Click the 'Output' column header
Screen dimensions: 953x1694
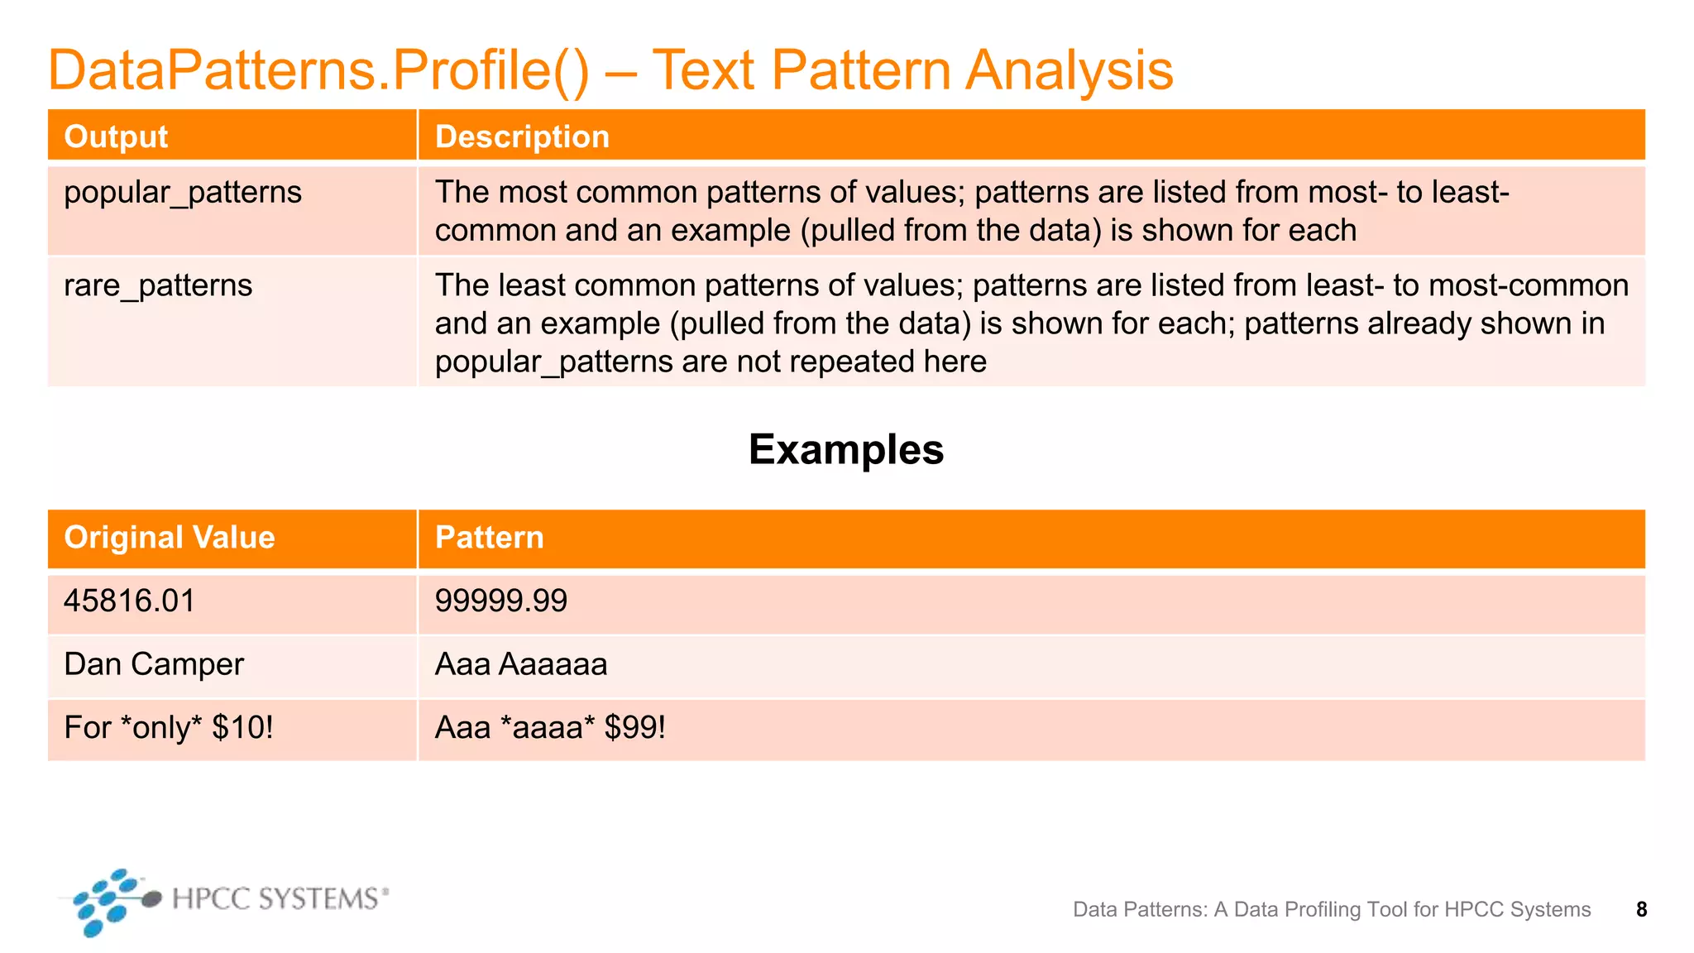coord(116,136)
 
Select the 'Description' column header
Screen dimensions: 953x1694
coord(522,136)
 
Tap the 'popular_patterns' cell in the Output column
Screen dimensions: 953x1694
coord(183,193)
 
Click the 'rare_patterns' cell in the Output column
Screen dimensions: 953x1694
coord(158,286)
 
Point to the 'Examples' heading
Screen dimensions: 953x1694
coord(845,450)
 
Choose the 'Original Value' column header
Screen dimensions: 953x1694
coord(170,538)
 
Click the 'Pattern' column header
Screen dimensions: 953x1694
coord(489,538)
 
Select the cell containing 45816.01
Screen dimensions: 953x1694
coord(129,601)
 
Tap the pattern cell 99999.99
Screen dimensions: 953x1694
coord(501,601)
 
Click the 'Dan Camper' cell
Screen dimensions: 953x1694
coord(154,665)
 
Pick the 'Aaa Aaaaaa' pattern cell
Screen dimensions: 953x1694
coord(521,665)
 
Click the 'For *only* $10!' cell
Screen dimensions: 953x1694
coord(168,729)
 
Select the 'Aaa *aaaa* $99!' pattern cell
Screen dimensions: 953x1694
coord(550,729)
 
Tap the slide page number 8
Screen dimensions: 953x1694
coord(1641,910)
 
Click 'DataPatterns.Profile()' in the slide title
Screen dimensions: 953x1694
coord(318,70)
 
